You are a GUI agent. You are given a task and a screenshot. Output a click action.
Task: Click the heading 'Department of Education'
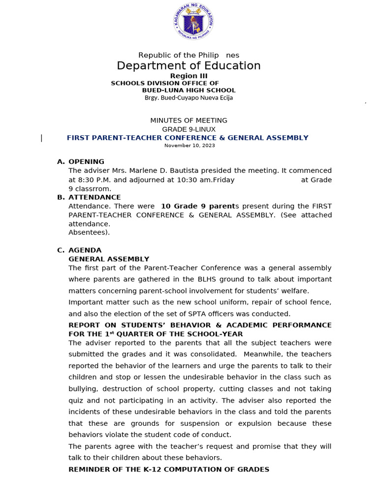click(189, 66)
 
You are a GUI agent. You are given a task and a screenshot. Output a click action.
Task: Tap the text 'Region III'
click(189, 76)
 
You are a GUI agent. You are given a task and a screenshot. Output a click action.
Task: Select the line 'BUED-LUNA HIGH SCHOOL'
click(189, 91)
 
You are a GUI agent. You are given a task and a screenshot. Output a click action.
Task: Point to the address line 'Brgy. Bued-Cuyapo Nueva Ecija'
click(189, 98)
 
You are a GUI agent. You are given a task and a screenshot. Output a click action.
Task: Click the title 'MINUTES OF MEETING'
click(189, 121)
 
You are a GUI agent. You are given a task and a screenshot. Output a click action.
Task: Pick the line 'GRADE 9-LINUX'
click(189, 129)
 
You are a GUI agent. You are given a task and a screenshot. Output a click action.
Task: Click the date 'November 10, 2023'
click(189, 146)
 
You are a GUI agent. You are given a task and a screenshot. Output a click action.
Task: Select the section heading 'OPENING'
click(86, 162)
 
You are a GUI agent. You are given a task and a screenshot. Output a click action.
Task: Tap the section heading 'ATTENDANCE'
click(94, 197)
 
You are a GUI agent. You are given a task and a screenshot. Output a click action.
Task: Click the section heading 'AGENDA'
click(85, 250)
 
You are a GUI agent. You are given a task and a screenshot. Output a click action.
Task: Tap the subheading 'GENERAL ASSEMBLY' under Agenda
click(109, 259)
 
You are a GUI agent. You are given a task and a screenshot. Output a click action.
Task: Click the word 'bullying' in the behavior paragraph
click(83, 389)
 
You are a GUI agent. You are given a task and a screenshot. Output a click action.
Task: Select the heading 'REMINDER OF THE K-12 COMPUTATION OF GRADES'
click(169, 470)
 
